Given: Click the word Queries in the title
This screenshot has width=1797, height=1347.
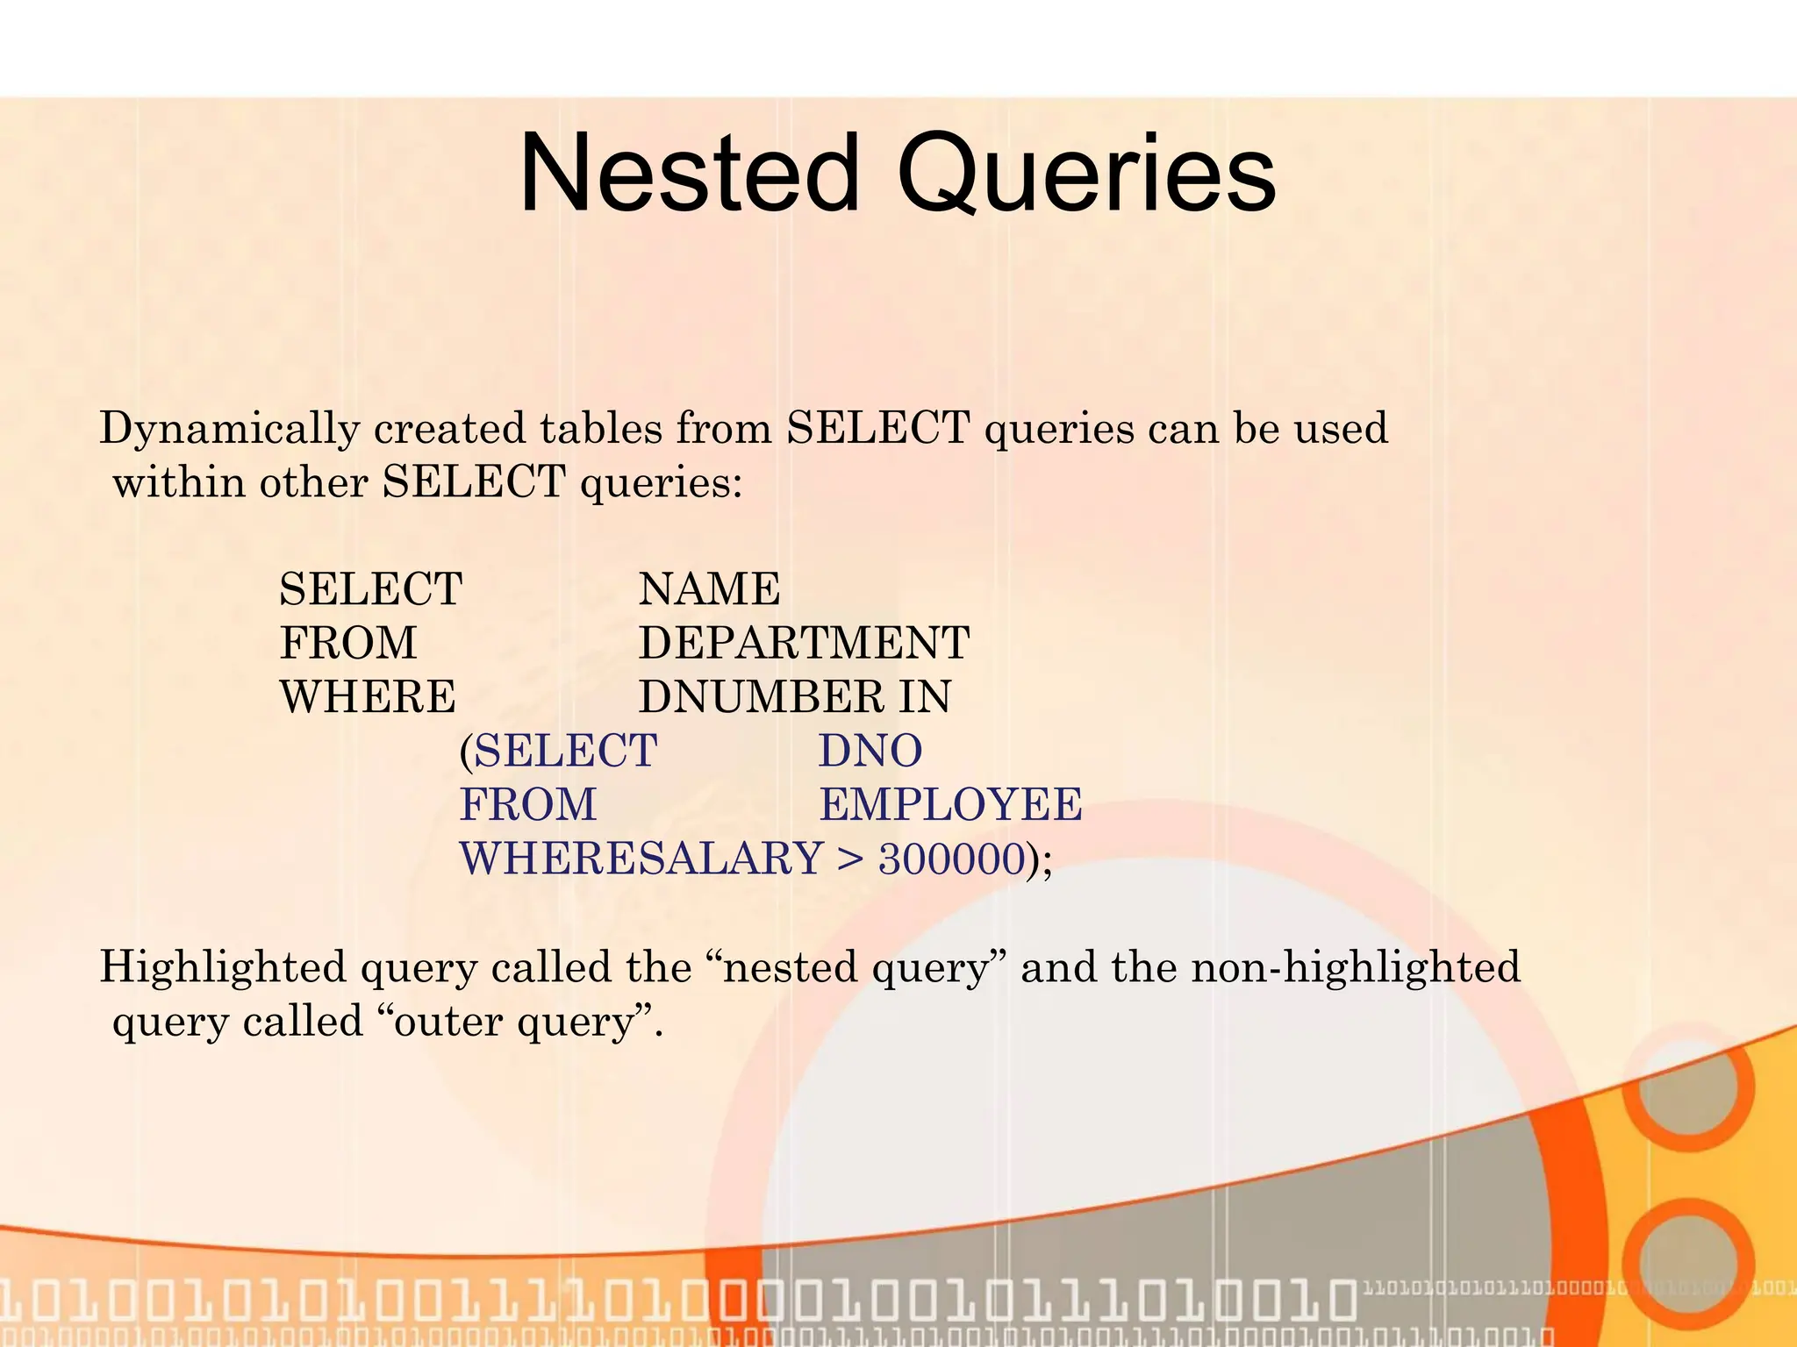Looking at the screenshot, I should click(1086, 175).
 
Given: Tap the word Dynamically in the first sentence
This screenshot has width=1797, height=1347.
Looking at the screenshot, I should click(230, 430).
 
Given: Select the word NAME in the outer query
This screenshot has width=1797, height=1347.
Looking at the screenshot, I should click(709, 588).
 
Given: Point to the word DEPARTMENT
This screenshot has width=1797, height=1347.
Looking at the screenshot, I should click(804, 643).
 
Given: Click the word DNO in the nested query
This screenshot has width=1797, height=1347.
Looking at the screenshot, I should click(870, 752).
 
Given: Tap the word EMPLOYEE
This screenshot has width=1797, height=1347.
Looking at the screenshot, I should click(950, 805).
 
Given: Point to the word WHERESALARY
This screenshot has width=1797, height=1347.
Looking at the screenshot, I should click(641, 859).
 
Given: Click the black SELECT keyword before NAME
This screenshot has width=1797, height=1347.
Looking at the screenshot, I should click(370, 588).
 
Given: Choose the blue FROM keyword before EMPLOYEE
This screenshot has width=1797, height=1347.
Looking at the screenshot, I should click(528, 805).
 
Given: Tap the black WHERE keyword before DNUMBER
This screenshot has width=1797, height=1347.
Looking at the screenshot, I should click(368, 697).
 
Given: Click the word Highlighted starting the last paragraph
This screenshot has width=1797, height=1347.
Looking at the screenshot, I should click(223, 968).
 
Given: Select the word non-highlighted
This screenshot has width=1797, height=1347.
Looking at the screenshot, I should click(1356, 968).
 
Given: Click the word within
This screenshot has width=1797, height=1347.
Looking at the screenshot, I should click(179, 482).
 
